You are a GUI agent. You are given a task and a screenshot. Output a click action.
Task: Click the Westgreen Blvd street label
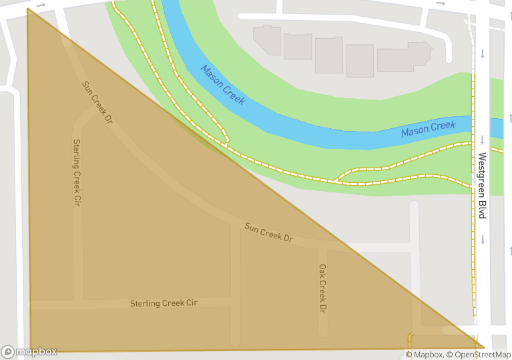click(482, 186)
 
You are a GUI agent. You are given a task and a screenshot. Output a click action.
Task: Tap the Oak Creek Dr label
click(322, 289)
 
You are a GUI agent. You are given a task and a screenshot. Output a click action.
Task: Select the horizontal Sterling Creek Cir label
click(164, 303)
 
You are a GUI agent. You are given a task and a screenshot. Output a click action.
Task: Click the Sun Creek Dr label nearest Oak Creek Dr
click(269, 232)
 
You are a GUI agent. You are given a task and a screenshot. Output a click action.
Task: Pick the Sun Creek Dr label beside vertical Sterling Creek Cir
click(97, 103)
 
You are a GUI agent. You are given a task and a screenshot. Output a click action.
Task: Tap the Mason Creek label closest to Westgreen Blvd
click(428, 128)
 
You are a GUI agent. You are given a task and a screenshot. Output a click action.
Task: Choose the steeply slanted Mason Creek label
click(223, 85)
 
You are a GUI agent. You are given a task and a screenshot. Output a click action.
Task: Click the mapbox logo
click(29, 351)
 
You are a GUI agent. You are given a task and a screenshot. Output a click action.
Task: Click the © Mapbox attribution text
click(424, 355)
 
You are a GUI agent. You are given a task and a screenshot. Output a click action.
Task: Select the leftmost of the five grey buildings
click(267, 40)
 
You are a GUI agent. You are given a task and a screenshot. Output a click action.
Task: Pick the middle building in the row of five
click(328, 55)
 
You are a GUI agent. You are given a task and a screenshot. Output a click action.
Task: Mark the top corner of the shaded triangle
click(28, 9)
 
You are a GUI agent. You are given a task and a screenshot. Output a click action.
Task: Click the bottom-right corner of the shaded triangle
click(483, 347)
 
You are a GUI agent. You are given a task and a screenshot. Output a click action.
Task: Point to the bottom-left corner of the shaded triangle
click(31, 350)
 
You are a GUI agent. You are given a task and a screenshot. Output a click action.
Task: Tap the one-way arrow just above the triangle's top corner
click(41, 5)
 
